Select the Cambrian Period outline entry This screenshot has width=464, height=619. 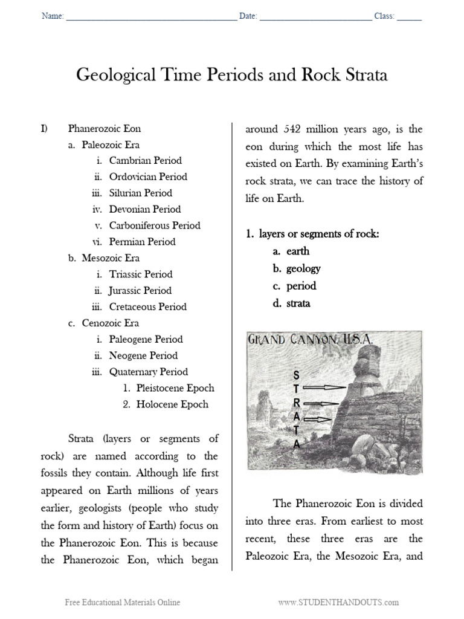pos(145,161)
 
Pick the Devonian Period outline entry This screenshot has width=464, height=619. pos(144,210)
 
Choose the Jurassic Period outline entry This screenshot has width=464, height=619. pos(140,291)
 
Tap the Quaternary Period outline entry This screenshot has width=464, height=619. pos(148,372)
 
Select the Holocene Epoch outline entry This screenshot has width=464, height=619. pos(172,405)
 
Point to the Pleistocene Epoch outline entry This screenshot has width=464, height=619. pos(175,389)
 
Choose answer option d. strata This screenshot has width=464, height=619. pos(291,303)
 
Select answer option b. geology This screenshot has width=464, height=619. pos(296,268)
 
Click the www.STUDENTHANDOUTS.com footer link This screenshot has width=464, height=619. pos(338,603)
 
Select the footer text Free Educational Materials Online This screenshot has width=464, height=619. pos(123,603)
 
